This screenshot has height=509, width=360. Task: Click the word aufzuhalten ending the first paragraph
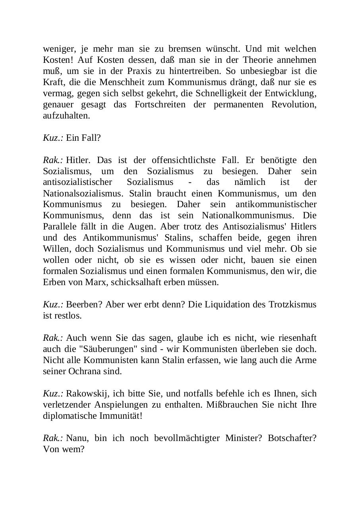click(x=61, y=116)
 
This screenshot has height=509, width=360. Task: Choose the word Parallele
click(x=60, y=227)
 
